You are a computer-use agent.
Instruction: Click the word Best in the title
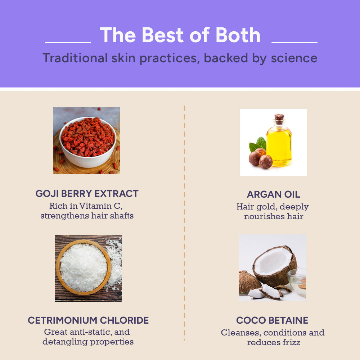(x=163, y=35)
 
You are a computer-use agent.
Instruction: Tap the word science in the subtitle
(x=294, y=58)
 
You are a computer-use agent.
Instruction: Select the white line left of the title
(x=68, y=42)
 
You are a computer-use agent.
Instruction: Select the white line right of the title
(x=294, y=42)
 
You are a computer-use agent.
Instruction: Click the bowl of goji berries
(x=88, y=142)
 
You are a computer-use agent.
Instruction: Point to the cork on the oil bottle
(x=279, y=117)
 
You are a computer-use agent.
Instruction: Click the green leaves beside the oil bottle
(x=258, y=144)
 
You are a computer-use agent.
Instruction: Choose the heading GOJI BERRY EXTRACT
(x=87, y=194)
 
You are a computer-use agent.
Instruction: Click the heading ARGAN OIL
(x=274, y=194)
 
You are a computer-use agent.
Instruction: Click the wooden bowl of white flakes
(x=84, y=267)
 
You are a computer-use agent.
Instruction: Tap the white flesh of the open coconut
(x=273, y=261)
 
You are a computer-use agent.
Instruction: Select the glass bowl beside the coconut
(x=297, y=282)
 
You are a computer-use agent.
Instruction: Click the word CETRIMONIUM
(x=62, y=320)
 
